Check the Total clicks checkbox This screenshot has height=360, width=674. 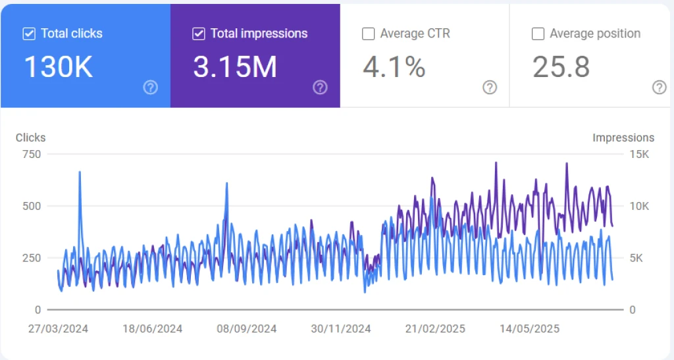29,34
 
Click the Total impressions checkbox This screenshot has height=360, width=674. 199,34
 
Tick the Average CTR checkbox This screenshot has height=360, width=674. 369,34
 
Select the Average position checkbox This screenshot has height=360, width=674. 538,34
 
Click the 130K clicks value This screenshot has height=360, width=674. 58,67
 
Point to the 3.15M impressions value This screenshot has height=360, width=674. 234,67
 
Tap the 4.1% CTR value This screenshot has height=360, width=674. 394,67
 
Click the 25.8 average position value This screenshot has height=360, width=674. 561,67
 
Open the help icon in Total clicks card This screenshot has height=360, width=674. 151,88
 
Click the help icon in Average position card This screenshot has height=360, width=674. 660,88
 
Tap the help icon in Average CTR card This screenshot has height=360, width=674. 490,88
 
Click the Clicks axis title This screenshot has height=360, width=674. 31,138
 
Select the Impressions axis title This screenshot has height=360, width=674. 623,138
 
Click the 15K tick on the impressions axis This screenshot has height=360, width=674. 639,154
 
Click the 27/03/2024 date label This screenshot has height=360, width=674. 58,328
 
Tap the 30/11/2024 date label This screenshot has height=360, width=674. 341,328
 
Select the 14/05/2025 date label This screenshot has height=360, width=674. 529,328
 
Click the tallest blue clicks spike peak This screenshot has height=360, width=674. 80,172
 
